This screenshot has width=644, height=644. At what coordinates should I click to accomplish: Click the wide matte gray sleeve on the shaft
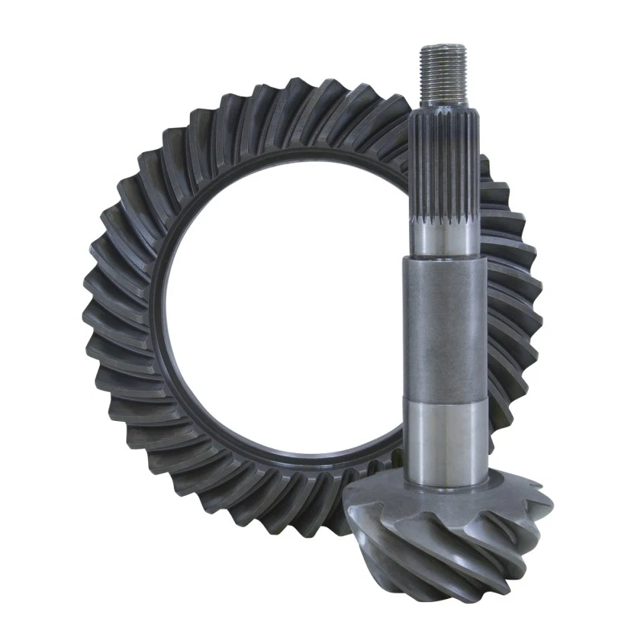pyautogui.click(x=445, y=330)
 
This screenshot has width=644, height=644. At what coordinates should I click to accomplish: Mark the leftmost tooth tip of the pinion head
pyautogui.click(x=346, y=503)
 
